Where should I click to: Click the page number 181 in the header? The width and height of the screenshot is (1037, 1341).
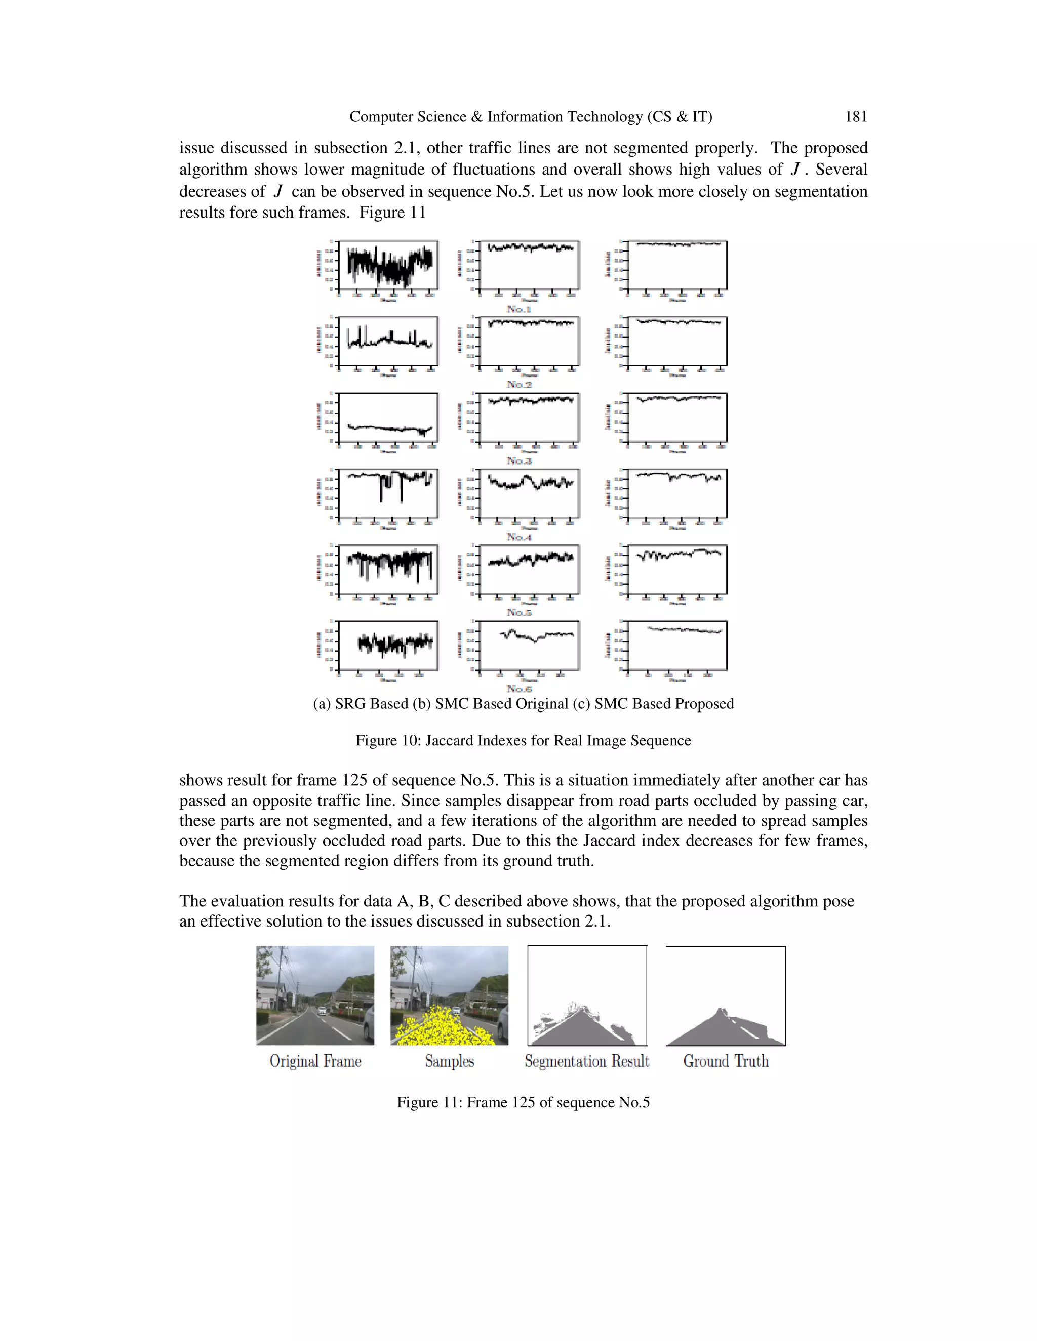[x=856, y=117]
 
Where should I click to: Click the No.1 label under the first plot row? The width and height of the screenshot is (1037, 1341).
[x=518, y=309]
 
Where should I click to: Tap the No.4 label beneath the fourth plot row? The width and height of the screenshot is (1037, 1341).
[x=518, y=537]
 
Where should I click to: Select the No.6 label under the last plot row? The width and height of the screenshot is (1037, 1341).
[x=518, y=689]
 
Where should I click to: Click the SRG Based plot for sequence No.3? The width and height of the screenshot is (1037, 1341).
[x=388, y=417]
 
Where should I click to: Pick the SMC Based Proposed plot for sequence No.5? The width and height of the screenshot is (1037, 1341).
[x=677, y=569]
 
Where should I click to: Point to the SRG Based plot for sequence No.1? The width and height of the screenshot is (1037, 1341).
[x=388, y=265]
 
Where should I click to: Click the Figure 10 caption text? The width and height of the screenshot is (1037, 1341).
[x=523, y=740]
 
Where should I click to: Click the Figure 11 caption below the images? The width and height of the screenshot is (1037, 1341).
[x=523, y=1102]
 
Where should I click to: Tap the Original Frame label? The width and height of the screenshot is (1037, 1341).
[x=315, y=1061]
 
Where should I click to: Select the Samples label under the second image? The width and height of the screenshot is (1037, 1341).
[x=449, y=1061]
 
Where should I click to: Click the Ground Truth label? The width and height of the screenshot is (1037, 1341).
[x=726, y=1061]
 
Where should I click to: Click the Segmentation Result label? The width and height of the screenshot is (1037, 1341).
[x=587, y=1061]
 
